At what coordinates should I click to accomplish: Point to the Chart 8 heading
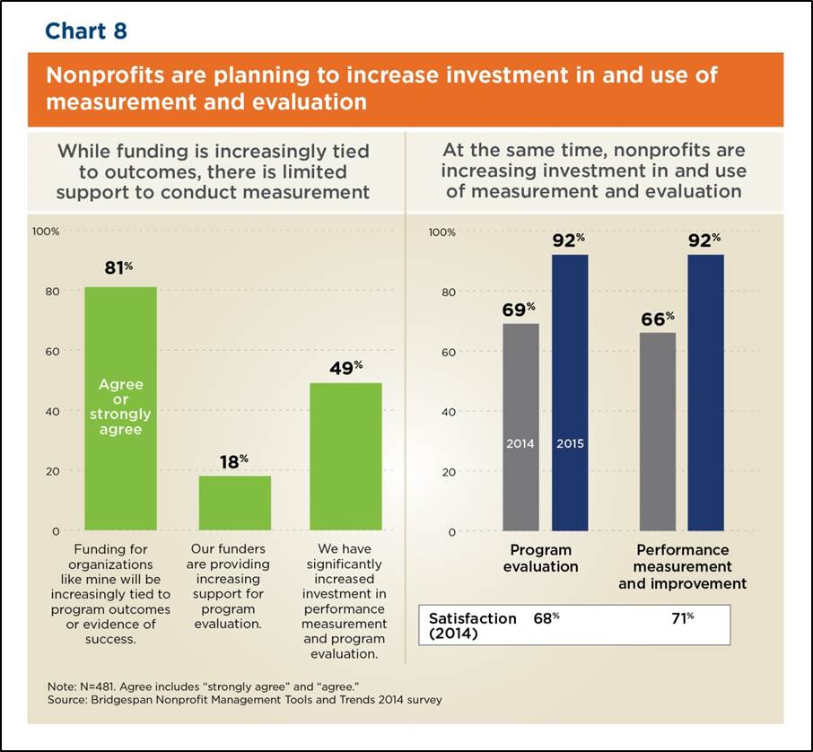pyautogui.click(x=86, y=31)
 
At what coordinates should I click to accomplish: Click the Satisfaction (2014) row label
pyautogui.click(x=472, y=626)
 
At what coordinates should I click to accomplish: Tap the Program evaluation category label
pyautogui.click(x=545, y=558)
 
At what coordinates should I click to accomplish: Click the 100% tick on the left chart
pyautogui.click(x=46, y=232)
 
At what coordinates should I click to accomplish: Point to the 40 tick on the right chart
pyautogui.click(x=448, y=412)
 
